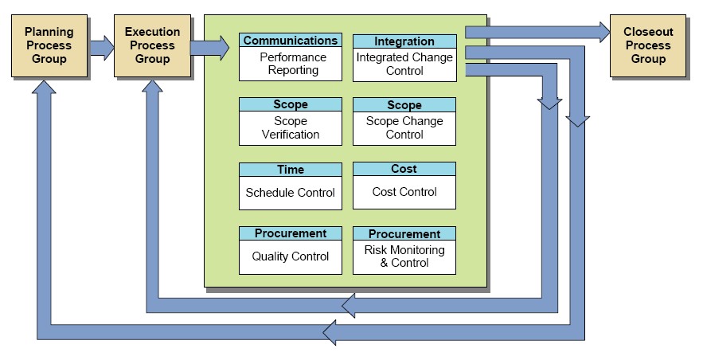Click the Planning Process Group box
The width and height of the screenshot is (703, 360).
click(49, 45)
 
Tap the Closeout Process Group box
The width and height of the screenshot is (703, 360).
click(647, 45)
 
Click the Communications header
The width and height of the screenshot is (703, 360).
click(290, 41)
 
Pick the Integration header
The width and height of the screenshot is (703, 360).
click(404, 41)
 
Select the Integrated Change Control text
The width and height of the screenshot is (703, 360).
click(404, 64)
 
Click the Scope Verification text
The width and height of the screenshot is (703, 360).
click(290, 128)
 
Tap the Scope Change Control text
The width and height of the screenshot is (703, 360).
click(404, 128)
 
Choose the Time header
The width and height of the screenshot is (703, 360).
click(290, 170)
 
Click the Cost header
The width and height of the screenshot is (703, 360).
click(404, 169)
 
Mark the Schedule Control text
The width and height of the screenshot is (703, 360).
click(290, 193)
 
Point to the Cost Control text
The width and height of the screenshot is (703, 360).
click(404, 192)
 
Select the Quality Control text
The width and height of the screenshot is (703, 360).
click(290, 256)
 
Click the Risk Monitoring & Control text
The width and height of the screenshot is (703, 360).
click(404, 256)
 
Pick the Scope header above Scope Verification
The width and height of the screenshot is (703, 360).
click(290, 105)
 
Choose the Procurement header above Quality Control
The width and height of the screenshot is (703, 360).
click(290, 233)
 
